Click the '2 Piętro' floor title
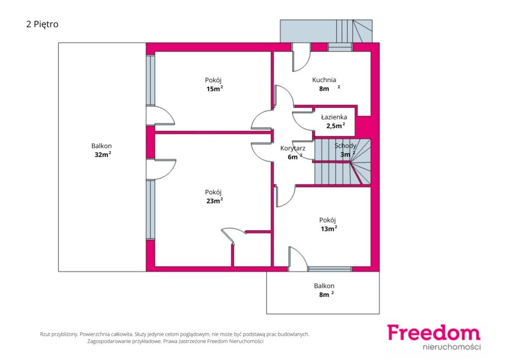[x=42, y=24]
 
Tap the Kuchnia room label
[x=324, y=80]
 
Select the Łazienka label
[x=334, y=117]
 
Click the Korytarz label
[x=293, y=148]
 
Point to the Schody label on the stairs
[x=345, y=146]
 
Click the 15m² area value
[x=215, y=89]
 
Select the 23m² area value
[x=215, y=200]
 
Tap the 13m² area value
[x=329, y=229]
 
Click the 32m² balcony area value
[x=103, y=155]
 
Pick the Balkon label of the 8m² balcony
[x=324, y=286]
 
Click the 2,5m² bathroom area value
[x=336, y=126]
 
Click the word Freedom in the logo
[x=433, y=333]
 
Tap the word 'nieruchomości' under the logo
[x=451, y=347]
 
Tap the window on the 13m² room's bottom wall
[x=330, y=269]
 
